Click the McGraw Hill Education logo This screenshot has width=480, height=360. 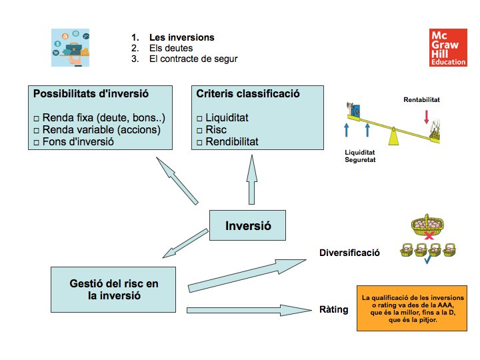(449, 48)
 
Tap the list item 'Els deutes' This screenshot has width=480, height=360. (171, 48)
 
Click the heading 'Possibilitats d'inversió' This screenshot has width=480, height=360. (91, 94)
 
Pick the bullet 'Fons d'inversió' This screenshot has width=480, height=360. (79, 141)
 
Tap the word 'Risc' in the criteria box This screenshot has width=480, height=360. (217, 129)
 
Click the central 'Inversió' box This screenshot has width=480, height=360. (249, 225)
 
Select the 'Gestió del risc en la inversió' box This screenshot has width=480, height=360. (114, 290)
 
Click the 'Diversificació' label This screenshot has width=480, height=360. (349, 253)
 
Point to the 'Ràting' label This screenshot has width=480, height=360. (333, 309)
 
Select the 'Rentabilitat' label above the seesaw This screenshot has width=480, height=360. (422, 100)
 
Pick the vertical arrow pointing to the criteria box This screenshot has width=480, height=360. (251, 178)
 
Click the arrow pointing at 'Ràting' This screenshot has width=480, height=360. (249, 310)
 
